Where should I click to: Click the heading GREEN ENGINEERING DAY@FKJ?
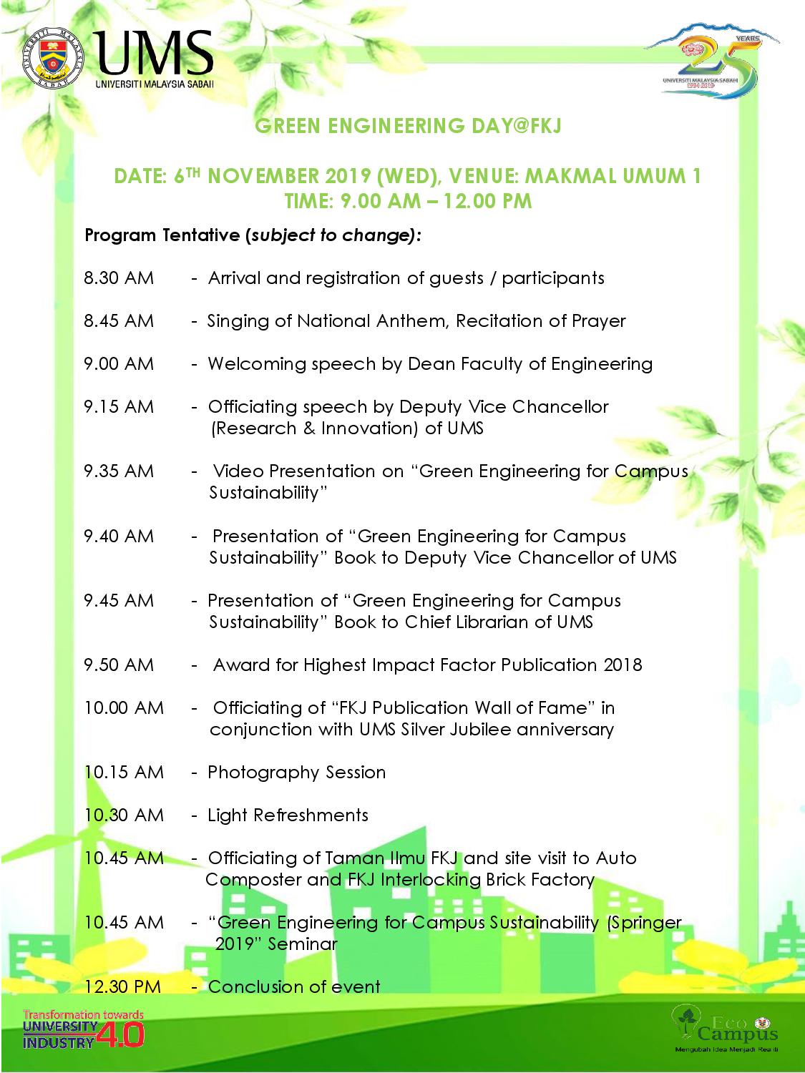coord(408,127)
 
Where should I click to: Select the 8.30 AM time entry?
coord(119,278)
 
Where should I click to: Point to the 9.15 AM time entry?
coord(119,407)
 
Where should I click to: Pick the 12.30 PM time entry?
coord(122,987)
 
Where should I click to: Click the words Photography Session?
coord(296,773)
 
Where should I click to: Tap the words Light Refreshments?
coord(288,815)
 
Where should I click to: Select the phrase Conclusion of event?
coord(294,987)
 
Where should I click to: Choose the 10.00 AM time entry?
coord(124,708)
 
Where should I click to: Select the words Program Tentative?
coord(162,235)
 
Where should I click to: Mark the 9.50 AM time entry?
coord(119,665)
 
